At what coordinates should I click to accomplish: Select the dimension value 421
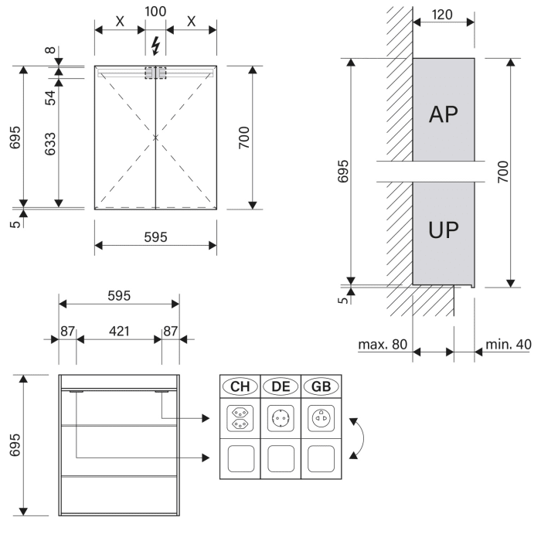pos(118,331)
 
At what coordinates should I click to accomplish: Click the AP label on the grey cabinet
pos(443,114)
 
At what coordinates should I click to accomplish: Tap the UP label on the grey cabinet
pos(443,230)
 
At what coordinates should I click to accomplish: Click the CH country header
pos(240,386)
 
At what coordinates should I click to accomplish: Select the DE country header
pos(280,386)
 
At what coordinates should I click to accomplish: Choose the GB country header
pos(319,386)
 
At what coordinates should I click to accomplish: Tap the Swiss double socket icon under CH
pos(240,418)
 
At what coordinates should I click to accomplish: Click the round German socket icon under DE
pos(280,418)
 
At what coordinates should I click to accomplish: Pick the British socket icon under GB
pos(319,418)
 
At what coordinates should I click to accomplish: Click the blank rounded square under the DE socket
pos(280,458)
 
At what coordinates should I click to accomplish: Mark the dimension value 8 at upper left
pos(49,51)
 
